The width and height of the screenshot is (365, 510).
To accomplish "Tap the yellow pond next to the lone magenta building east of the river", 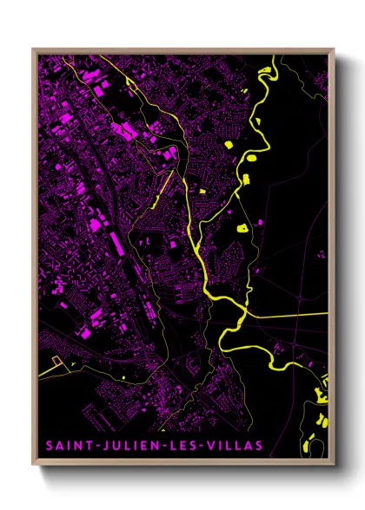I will coord(241,227).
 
